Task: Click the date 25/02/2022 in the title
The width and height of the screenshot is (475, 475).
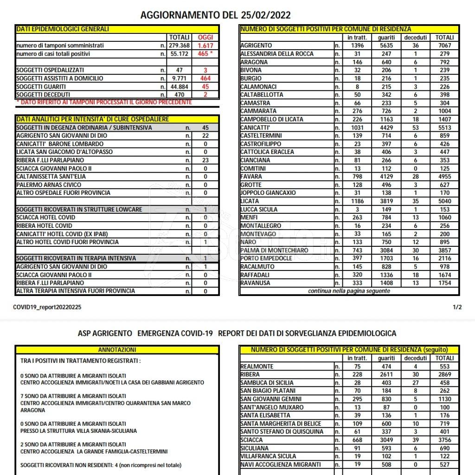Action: pyautogui.click(x=266, y=15)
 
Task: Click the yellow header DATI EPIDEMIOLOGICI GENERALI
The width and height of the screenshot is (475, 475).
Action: pyautogui.click(x=63, y=29)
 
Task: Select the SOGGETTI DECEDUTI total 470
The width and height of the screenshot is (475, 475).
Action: pyautogui.click(x=179, y=95)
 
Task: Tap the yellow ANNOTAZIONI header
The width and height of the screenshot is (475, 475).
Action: pyautogui.click(x=117, y=349)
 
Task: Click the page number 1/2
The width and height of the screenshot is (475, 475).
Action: pyautogui.click(x=457, y=307)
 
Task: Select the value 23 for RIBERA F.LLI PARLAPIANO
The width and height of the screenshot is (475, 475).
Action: pyautogui.click(x=205, y=160)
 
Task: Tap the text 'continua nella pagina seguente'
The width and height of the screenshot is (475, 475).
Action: pyautogui.click(x=349, y=291)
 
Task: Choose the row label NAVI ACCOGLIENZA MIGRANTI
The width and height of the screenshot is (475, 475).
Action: pyautogui.click(x=281, y=464)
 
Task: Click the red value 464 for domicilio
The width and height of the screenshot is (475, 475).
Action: pyautogui.click(x=205, y=78)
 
